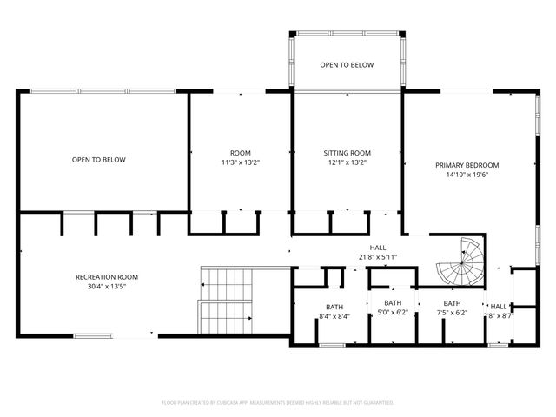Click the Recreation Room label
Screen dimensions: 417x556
coord(107,277)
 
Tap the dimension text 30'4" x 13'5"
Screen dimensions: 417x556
coord(107,287)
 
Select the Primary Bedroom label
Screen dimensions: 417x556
coord(467,165)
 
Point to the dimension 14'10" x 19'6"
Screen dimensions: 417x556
coord(467,175)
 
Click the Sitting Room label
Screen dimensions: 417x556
coord(347,153)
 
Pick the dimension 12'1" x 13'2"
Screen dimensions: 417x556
coord(347,162)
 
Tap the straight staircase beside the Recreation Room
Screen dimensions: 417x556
coord(225,301)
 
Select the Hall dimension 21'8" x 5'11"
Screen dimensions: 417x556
coord(377,257)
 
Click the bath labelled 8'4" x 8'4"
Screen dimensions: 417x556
coord(334,312)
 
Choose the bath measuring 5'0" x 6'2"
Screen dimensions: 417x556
coord(393,308)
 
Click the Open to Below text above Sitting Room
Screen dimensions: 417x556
coord(347,65)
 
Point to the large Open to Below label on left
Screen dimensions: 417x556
coord(99,160)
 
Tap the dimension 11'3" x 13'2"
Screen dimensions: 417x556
coord(240,162)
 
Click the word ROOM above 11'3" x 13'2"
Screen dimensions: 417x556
coord(240,153)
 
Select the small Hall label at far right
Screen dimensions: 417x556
coord(499,307)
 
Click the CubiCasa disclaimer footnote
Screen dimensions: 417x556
coord(278,403)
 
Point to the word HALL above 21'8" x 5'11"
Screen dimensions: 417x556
coord(377,248)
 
